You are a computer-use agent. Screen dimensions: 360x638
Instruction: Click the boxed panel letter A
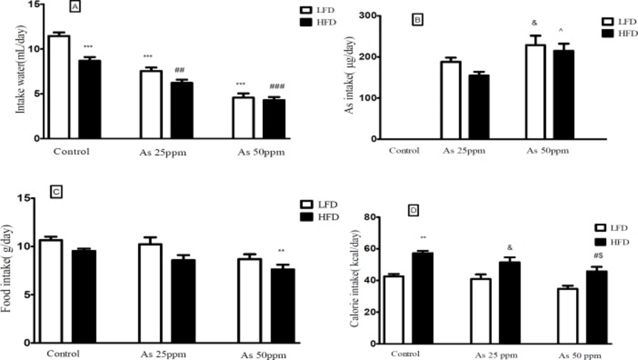pyautogui.click(x=75, y=8)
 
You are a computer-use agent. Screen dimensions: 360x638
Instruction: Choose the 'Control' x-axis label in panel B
pyautogui.click(x=404, y=151)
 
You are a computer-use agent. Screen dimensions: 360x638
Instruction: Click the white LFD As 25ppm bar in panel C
pyautogui.click(x=151, y=293)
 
